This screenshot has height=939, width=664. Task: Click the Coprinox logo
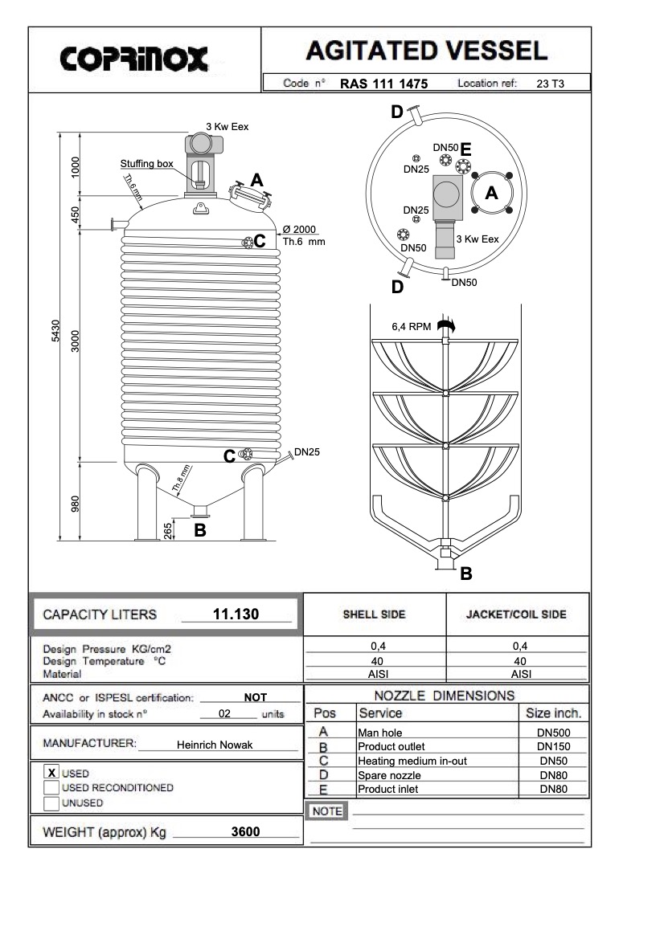click(x=134, y=58)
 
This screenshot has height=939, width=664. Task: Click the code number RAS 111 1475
click(x=383, y=83)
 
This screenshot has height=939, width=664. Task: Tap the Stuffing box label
click(x=147, y=164)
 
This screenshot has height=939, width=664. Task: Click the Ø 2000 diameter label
click(x=298, y=229)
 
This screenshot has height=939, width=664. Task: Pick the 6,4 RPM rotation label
click(x=410, y=327)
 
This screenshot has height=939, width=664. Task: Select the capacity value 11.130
click(x=236, y=614)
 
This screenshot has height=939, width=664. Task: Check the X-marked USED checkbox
click(x=51, y=773)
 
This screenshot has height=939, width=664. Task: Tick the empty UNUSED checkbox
click(x=51, y=802)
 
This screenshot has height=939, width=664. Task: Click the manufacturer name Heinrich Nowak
click(x=215, y=745)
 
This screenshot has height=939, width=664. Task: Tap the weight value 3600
click(x=245, y=832)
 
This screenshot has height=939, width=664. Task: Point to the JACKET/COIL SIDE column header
click(x=517, y=614)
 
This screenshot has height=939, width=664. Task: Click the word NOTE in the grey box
click(x=326, y=811)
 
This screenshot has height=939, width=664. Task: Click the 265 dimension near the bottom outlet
click(x=167, y=531)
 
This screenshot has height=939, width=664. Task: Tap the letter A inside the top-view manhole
click(x=492, y=194)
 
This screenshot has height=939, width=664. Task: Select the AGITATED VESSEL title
click(x=427, y=51)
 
